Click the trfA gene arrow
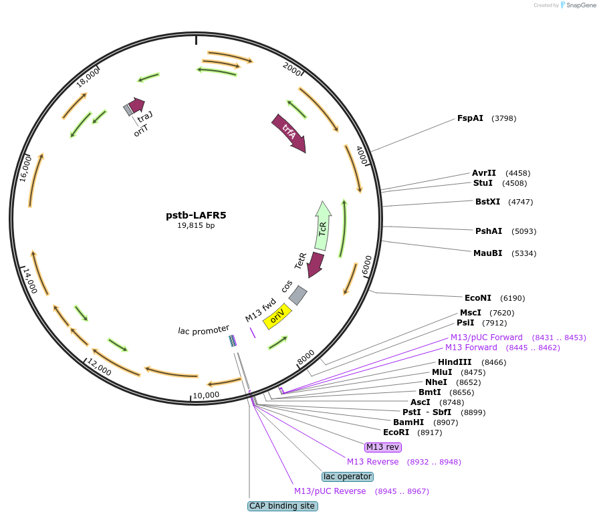coord(289,132)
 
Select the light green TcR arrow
coord(323,226)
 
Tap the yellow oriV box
coord(277,316)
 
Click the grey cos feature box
coord(298,295)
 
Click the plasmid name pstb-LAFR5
coord(196,215)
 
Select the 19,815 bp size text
coord(196,226)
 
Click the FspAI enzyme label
coord(470,118)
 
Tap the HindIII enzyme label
coord(455,362)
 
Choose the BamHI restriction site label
coord(408,422)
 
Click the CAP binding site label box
coord(282,506)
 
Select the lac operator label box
coord(347,477)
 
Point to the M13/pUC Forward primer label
coord(486,338)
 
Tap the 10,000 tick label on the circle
coord(206,395)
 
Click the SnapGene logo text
coord(579,5)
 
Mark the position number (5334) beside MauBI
coord(523,253)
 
